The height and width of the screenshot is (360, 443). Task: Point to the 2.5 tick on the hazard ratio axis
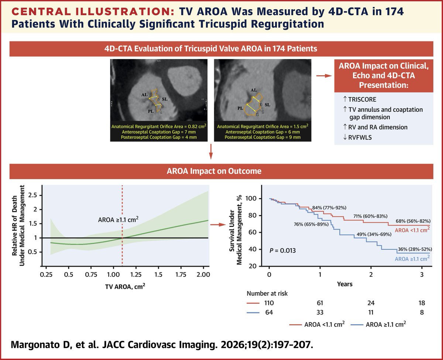tap(32, 195)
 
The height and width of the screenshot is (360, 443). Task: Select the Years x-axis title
tap(344, 284)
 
